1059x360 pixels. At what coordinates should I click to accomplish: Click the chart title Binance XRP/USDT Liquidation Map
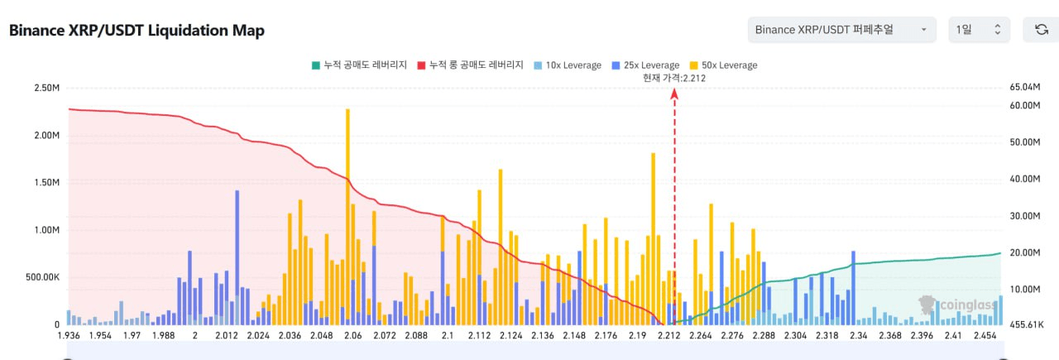pyautogui.click(x=137, y=31)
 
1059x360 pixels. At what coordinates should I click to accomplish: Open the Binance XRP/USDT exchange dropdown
pyautogui.click(x=841, y=30)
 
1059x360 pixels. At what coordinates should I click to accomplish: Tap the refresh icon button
pyautogui.click(x=1041, y=30)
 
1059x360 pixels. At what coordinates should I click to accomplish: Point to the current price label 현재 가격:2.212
pyautogui.click(x=674, y=78)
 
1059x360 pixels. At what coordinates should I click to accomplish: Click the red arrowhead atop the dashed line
pyautogui.click(x=674, y=94)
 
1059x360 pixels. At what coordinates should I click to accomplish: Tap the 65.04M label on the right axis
pyautogui.click(x=1024, y=87)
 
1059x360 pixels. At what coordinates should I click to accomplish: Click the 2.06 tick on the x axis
pyautogui.click(x=352, y=335)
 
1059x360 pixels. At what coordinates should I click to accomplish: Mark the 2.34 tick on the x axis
pyautogui.click(x=858, y=335)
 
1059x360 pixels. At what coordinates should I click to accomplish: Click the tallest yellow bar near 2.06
pyautogui.click(x=347, y=215)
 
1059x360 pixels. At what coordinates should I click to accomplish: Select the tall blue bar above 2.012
pyautogui.click(x=237, y=257)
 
